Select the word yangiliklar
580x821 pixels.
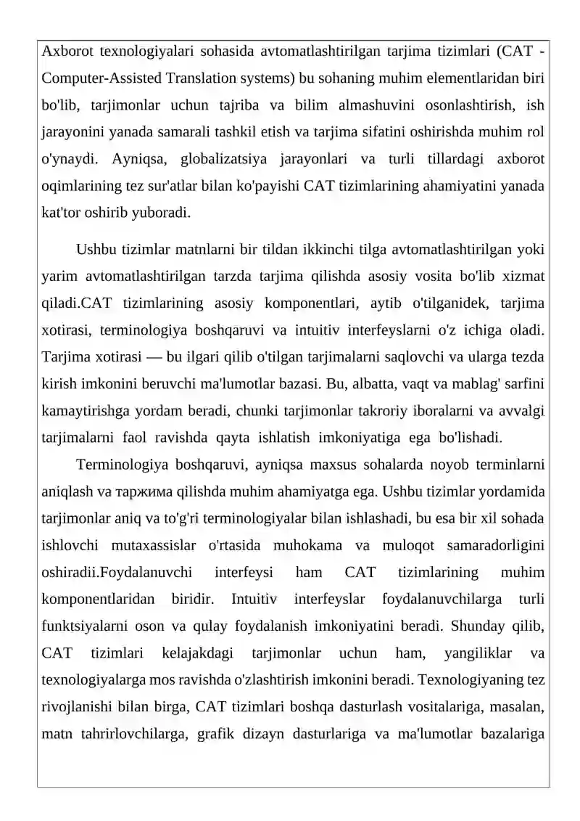click(476, 653)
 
